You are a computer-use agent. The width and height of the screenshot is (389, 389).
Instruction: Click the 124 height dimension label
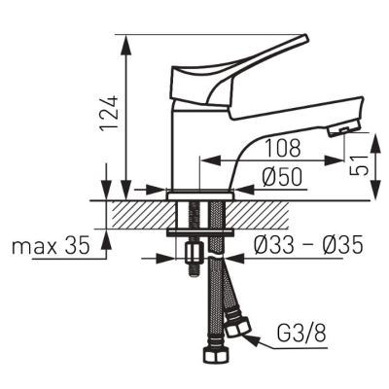click(x=108, y=113)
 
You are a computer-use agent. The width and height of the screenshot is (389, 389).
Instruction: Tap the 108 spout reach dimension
click(x=283, y=149)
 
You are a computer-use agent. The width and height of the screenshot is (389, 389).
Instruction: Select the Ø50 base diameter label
click(x=282, y=178)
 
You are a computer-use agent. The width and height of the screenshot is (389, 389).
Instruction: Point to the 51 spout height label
click(x=360, y=164)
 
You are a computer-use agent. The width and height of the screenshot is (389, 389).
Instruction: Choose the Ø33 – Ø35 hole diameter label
click(x=308, y=245)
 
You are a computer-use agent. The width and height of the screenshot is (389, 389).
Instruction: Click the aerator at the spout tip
click(x=343, y=128)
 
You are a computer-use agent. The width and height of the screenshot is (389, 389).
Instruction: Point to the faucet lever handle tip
click(x=303, y=38)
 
